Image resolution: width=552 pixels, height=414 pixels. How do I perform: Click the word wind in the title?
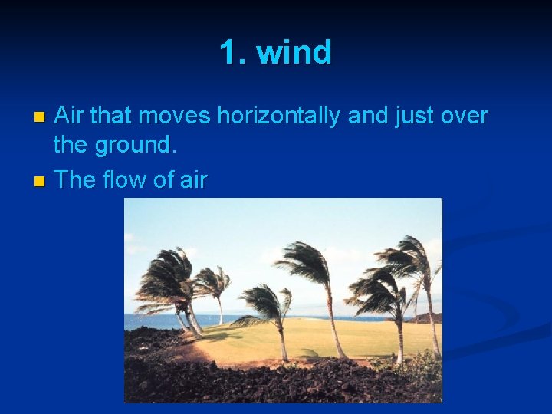(x=294, y=53)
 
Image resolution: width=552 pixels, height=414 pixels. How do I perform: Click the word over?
(x=463, y=117)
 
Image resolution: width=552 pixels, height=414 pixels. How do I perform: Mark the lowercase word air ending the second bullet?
(x=193, y=180)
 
